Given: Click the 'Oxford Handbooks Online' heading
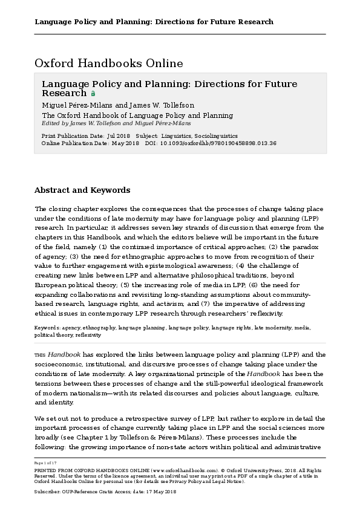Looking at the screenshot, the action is [x=108, y=63].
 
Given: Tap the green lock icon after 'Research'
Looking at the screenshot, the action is [x=93, y=94].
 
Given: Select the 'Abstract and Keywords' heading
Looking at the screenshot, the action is [x=82, y=190].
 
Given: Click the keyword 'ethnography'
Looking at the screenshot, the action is [x=99, y=328].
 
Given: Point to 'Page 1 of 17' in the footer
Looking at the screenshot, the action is [x=45, y=462].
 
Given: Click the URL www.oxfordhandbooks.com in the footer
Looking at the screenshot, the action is [x=186, y=469].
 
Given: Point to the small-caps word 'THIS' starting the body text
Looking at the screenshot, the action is [x=40, y=355].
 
